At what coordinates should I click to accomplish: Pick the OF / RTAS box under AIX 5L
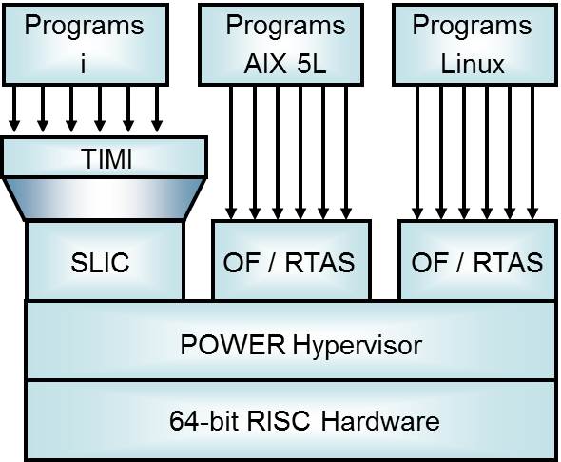(x=288, y=261)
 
